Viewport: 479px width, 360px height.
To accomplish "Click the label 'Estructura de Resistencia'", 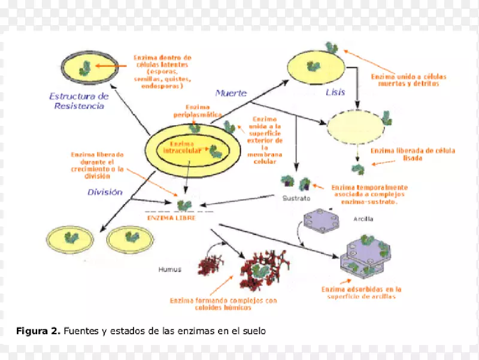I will coord(78,101).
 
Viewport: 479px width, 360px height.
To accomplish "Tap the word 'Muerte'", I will coord(231,93).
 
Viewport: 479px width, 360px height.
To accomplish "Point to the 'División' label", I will coord(105,192).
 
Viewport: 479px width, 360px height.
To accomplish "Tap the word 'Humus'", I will coord(170,268).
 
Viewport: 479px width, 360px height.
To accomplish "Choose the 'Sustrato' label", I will coord(296,197).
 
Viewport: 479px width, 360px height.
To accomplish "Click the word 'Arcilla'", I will coord(363,219).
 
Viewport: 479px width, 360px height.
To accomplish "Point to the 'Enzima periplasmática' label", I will coord(198,111).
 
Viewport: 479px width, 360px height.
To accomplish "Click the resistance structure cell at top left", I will coord(84,71).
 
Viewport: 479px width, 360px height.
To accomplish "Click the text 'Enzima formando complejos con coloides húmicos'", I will coord(223,304).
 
